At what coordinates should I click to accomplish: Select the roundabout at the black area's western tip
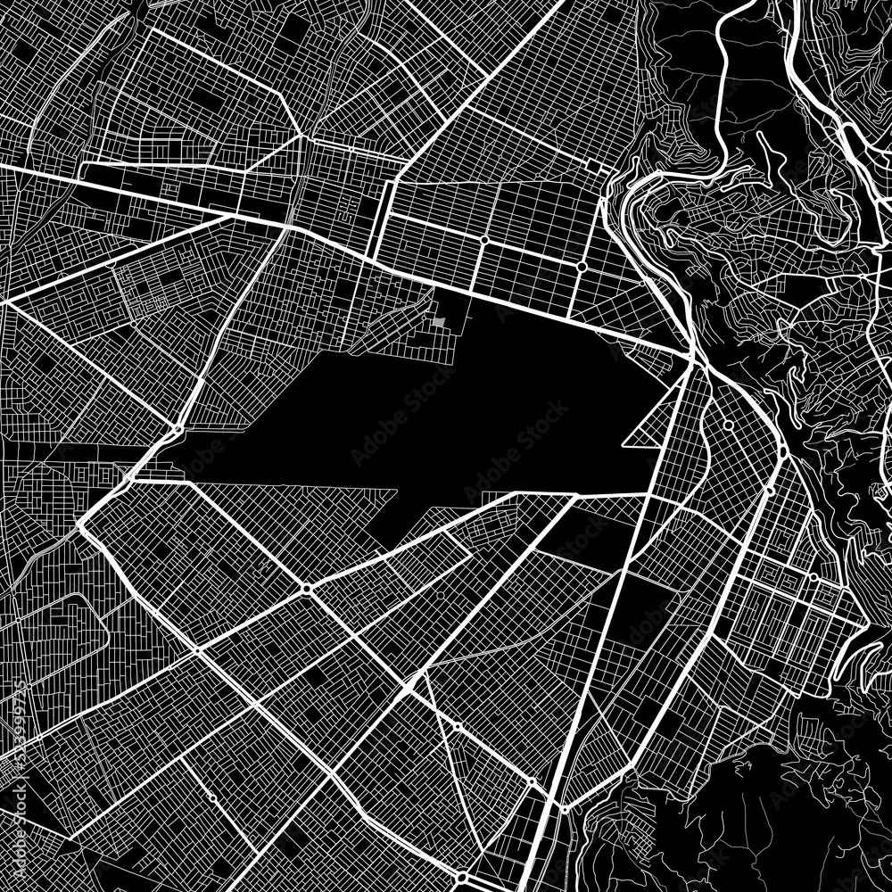178,431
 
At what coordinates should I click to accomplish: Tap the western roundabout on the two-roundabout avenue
483,239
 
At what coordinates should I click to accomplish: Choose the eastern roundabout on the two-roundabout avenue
581,266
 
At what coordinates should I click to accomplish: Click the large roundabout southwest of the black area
306,590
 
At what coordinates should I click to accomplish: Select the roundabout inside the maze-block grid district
814,577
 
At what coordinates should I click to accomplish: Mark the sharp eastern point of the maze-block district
867,615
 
